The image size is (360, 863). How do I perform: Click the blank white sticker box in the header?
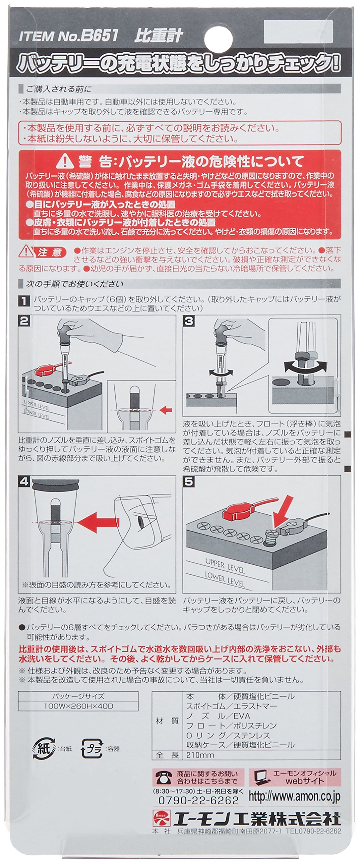[298, 32]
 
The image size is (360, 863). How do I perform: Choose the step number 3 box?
[188, 321]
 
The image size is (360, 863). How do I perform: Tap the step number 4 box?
[24, 482]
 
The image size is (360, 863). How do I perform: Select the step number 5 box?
[189, 482]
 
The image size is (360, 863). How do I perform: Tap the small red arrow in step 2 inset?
[166, 410]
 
